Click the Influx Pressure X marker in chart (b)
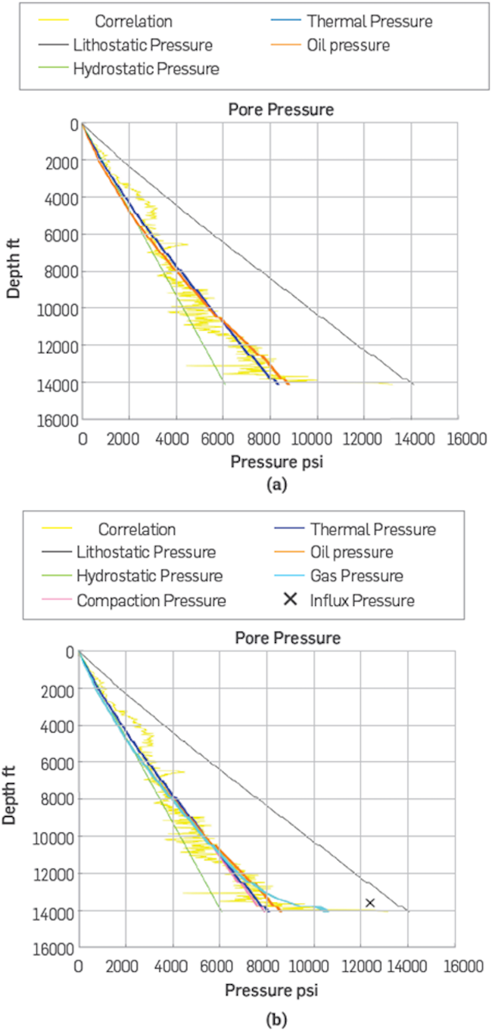point(369,902)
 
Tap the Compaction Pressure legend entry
point(150,601)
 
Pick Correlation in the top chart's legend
point(133,22)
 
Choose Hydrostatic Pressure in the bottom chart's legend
point(149,576)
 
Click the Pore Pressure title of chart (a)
point(281,110)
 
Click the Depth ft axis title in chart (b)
point(14,800)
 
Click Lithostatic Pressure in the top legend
point(142,45)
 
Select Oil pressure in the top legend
point(348,45)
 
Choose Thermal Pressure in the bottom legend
point(372,529)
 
